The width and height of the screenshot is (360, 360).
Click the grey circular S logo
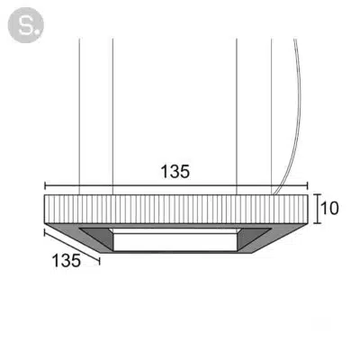pos(25,25)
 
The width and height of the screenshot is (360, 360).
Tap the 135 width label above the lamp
pos(175,172)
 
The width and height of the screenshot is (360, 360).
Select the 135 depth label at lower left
pos(67,260)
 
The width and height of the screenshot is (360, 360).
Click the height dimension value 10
pos(329,208)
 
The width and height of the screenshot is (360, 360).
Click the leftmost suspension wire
pos(79,116)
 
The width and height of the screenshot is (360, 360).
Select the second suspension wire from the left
pos(112,116)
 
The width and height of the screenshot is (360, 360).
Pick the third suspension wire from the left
pos(237,116)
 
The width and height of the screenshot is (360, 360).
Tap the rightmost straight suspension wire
pos(272,116)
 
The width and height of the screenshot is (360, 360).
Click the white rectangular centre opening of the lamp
pos(175,242)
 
